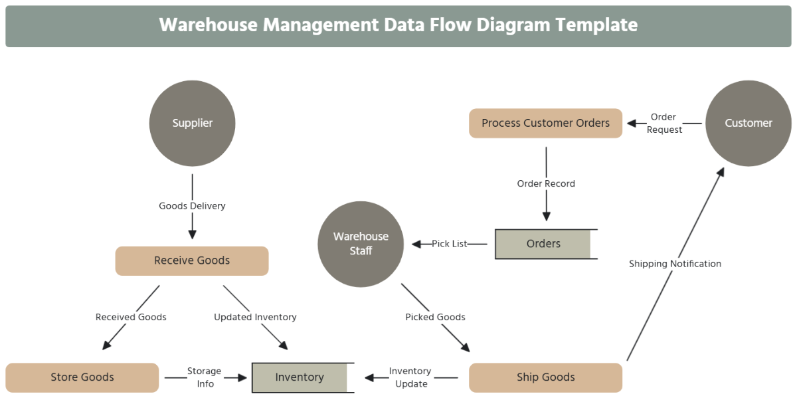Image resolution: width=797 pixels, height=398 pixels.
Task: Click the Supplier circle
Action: [x=192, y=123]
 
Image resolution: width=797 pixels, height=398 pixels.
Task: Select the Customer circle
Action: [x=748, y=123]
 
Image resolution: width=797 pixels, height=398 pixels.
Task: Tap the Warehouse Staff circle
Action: [x=361, y=244]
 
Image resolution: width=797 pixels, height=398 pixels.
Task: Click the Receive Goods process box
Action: [x=192, y=260]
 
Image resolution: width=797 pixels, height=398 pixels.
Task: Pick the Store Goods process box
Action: [x=82, y=377]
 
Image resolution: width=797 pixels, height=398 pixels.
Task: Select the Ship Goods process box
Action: [x=545, y=377]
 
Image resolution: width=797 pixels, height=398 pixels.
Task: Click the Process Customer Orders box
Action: [x=545, y=123]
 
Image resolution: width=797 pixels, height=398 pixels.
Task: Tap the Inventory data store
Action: [x=300, y=377]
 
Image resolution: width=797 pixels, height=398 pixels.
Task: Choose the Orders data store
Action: [x=543, y=244]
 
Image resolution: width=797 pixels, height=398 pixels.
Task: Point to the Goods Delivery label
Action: [x=192, y=206]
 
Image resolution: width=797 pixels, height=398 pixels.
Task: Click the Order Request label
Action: [x=664, y=124]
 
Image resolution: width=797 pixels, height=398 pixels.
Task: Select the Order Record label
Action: [x=546, y=183]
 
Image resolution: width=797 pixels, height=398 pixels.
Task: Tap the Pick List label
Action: [x=450, y=244]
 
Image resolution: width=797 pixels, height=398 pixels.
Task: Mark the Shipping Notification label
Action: [x=675, y=264]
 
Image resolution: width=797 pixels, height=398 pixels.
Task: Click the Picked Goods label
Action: [x=435, y=317]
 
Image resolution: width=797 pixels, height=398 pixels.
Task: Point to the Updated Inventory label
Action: [x=255, y=317]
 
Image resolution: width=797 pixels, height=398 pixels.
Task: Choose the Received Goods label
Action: [x=131, y=317]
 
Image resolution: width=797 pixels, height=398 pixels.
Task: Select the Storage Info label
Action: [x=204, y=377]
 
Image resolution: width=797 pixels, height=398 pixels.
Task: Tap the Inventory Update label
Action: [x=410, y=377]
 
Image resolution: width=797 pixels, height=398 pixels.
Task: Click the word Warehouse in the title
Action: [x=208, y=25]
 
